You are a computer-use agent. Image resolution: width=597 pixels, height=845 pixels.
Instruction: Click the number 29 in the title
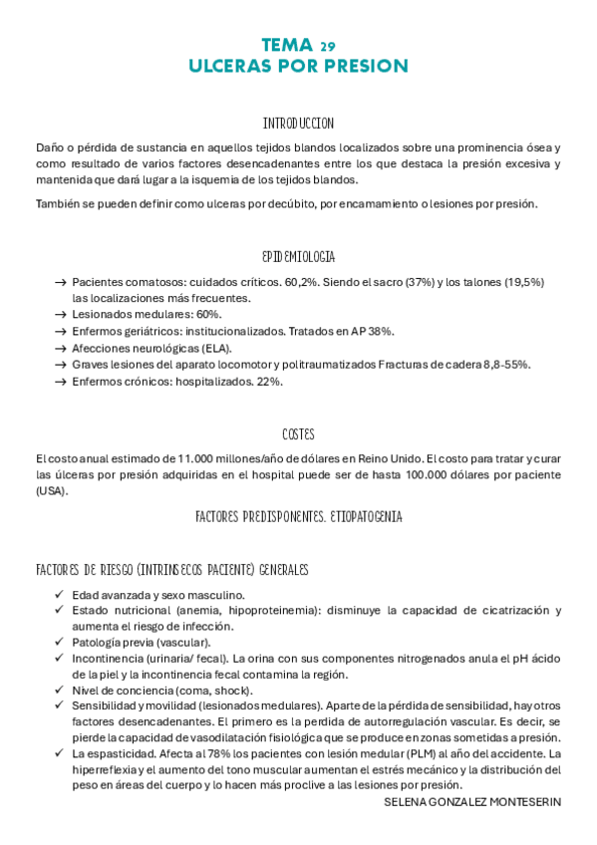pyautogui.click(x=328, y=46)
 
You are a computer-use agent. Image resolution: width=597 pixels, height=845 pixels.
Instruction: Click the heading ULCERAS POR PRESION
pyautogui.click(x=298, y=66)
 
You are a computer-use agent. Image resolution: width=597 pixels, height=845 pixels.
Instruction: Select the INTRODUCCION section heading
pyautogui.click(x=298, y=125)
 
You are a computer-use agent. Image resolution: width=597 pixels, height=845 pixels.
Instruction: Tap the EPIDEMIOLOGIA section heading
pyautogui.click(x=298, y=257)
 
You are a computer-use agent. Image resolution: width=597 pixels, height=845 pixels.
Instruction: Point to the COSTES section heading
pyautogui.click(x=298, y=434)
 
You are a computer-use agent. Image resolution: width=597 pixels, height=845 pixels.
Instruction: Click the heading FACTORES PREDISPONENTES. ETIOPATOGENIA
pyautogui.click(x=298, y=518)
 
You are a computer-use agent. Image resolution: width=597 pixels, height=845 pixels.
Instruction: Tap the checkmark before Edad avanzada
pyautogui.click(x=61, y=595)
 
